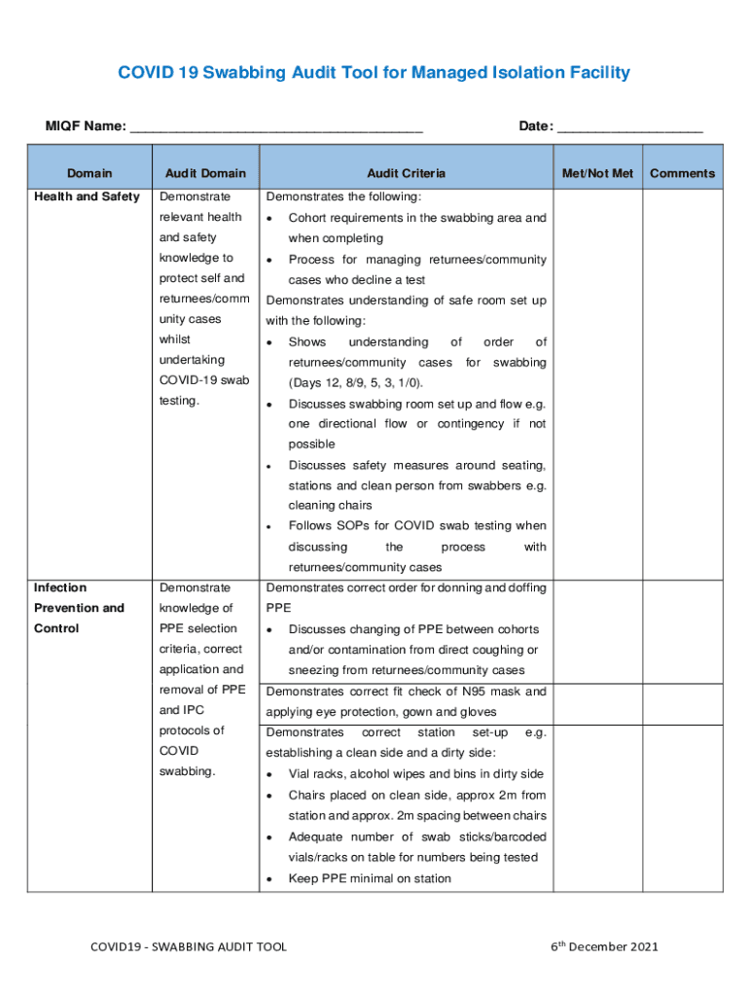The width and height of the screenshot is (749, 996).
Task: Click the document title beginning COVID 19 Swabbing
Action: tap(374, 73)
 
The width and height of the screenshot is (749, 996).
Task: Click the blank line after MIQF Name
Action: tap(276, 127)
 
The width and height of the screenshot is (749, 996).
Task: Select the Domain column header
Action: tap(89, 173)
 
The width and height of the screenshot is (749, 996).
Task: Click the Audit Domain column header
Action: tap(205, 173)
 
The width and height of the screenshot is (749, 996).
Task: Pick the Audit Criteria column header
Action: tap(406, 173)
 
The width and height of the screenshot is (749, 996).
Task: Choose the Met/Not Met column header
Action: tap(597, 173)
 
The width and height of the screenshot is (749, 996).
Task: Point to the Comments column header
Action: tap(682, 173)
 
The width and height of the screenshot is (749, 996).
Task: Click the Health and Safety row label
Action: tap(87, 197)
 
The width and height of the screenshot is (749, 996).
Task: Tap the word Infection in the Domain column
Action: tap(60, 587)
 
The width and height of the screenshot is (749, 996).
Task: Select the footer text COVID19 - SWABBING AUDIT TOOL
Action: tap(189, 946)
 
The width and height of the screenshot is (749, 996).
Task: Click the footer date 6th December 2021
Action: tap(604, 946)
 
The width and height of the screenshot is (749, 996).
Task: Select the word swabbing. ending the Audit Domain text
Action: tap(187, 771)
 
